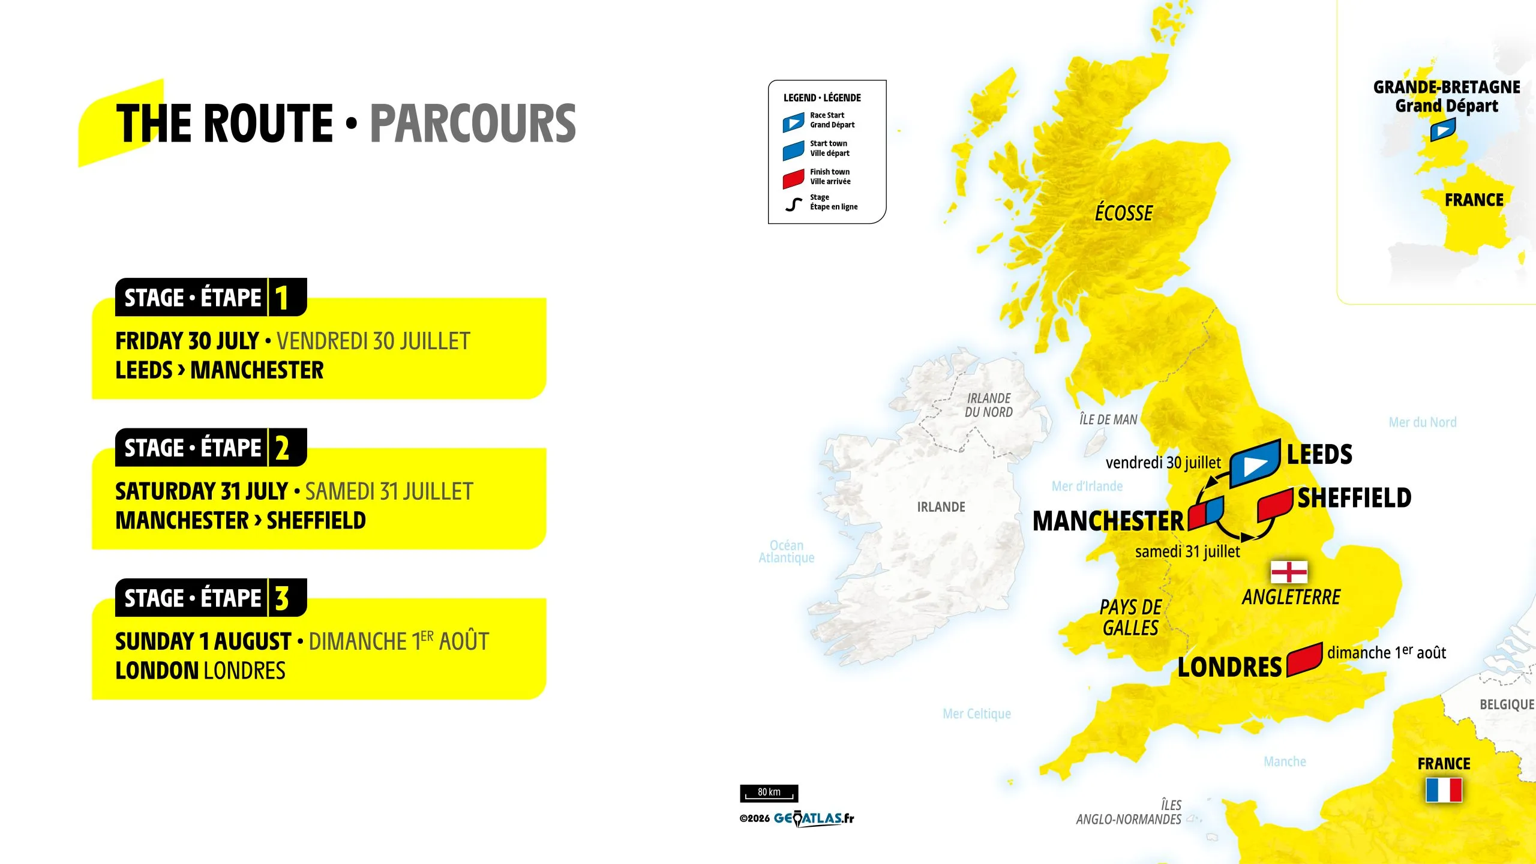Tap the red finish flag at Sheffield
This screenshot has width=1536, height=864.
click(1274, 504)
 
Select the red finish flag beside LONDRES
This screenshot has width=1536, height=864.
click(1304, 659)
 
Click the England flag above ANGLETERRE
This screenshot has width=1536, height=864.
click(1289, 572)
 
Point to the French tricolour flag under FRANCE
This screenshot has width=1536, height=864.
click(1444, 790)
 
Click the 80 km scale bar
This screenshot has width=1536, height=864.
click(769, 793)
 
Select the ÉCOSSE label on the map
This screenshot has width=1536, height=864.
click(1123, 213)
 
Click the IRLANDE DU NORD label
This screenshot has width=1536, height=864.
click(988, 405)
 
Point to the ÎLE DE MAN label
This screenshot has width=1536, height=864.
click(1108, 419)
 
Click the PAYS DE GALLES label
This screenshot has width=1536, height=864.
click(1130, 617)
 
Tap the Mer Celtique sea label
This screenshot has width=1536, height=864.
click(976, 713)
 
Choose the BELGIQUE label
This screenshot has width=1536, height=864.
click(1507, 704)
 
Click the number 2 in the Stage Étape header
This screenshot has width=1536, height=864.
click(282, 448)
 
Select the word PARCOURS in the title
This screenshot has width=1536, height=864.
click(473, 124)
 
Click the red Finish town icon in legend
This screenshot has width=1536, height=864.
click(793, 178)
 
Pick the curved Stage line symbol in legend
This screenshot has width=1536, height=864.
click(793, 205)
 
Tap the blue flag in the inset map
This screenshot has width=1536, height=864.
click(1442, 130)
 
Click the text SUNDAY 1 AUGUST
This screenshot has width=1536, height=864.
click(203, 641)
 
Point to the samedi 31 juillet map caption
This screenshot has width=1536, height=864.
click(1187, 551)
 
